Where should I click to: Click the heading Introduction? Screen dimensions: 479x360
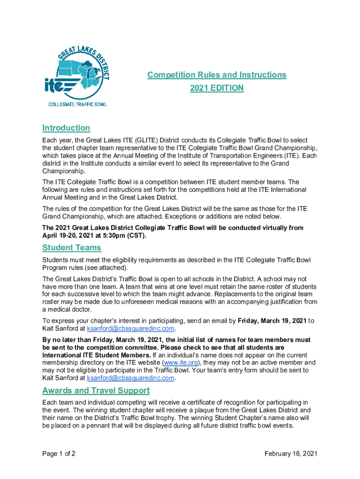pyautogui.click(x=66, y=128)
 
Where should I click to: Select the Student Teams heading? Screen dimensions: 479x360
pyautogui.click(x=72, y=247)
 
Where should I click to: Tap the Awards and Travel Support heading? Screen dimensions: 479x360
pyautogui.click(x=96, y=391)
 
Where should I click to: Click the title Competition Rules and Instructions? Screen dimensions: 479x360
pyautogui.click(x=216, y=75)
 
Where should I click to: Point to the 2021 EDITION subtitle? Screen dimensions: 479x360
pyautogui.click(x=216, y=88)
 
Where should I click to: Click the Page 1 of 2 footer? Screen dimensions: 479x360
pyautogui.click(x=59, y=454)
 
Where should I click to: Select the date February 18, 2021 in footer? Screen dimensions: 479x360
pyautogui.click(x=291, y=454)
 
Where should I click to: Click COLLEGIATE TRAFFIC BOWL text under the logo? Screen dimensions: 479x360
pyautogui.click(x=78, y=104)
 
